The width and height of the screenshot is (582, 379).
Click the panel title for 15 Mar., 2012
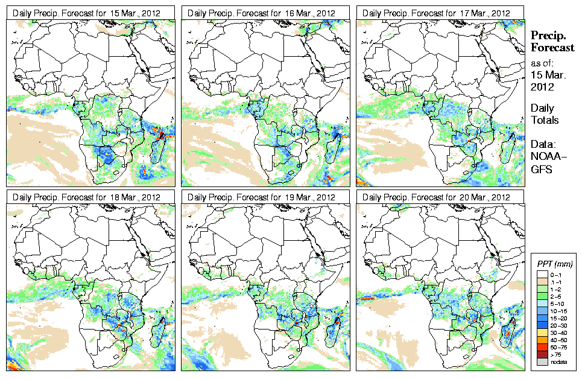[x=90, y=13]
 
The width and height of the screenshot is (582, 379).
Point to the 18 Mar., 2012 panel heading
[x=90, y=197]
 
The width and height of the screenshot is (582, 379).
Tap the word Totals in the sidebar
[x=545, y=120]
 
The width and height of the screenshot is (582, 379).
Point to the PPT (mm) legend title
[x=554, y=264]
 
